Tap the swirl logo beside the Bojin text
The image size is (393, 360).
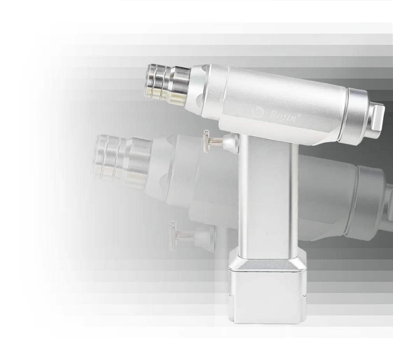click(259, 113)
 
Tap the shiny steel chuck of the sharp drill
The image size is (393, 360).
click(167, 84)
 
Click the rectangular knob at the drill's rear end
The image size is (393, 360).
click(378, 118)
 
